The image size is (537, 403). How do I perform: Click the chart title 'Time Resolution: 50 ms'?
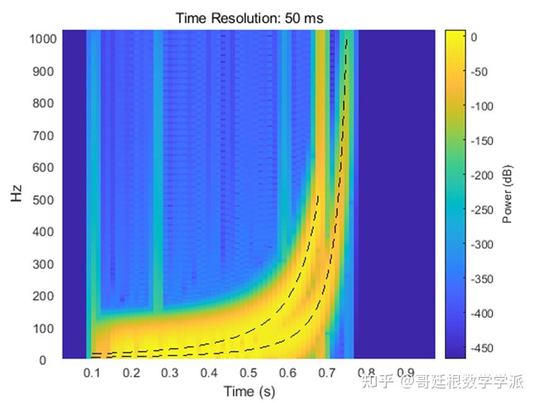pyautogui.click(x=249, y=18)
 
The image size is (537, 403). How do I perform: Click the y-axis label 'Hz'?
pyautogui.click(x=16, y=195)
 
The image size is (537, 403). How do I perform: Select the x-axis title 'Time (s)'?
pyautogui.click(x=249, y=392)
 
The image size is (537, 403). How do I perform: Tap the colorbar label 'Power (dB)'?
pyautogui.click(x=507, y=194)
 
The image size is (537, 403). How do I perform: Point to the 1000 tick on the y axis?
pyautogui.click(x=43, y=39)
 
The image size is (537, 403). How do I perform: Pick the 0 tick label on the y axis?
pyautogui.click(x=53, y=360)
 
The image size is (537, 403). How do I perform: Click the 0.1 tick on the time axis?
pyautogui.click(x=93, y=373)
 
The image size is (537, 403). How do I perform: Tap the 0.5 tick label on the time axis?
pyautogui.click(x=249, y=373)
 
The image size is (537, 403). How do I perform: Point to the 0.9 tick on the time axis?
pyautogui.click(x=405, y=373)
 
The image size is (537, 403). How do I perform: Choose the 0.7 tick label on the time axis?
pyautogui.click(x=327, y=373)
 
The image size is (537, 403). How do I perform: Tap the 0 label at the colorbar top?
pyautogui.click(x=474, y=37)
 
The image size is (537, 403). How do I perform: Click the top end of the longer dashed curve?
pyautogui.click(x=346, y=40)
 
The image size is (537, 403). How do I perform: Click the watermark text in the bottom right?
pyautogui.click(x=443, y=380)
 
